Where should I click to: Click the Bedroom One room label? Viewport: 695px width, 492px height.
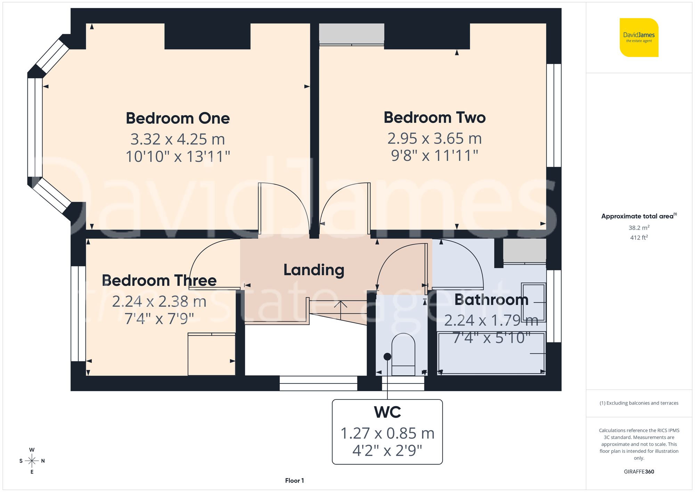point(178,118)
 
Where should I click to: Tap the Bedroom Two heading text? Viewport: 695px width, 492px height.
point(434,118)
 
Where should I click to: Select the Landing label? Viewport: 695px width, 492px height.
point(314,270)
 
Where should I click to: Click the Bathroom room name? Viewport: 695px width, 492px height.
point(491,300)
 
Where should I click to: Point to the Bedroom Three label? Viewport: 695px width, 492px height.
point(159,281)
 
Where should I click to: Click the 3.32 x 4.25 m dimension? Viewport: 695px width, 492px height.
point(178,139)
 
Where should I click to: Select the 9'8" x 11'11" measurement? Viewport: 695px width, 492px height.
point(434,155)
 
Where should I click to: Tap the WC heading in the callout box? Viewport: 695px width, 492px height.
point(387,412)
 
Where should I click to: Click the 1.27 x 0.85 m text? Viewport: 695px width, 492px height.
point(387,433)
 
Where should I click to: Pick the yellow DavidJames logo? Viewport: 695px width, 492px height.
point(639,38)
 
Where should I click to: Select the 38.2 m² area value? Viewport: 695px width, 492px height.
point(639,228)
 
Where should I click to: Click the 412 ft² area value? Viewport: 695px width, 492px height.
point(639,237)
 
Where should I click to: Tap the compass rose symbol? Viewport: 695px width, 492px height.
point(32,461)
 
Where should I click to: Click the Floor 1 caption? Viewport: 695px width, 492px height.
point(294,481)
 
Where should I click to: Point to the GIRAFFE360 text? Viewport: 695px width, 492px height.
point(639,471)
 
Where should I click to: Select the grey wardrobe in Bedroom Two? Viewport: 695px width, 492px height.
point(351,33)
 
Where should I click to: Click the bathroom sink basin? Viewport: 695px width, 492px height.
point(533,303)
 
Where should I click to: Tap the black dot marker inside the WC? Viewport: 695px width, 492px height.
point(387,356)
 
